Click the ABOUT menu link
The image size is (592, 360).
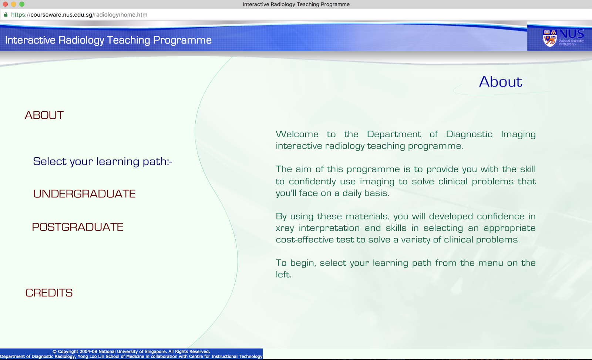pyautogui.click(x=44, y=115)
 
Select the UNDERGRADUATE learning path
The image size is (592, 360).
pyautogui.click(x=84, y=194)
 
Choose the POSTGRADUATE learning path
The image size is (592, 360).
pyautogui.click(x=78, y=227)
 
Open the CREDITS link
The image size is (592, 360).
pyautogui.click(x=49, y=293)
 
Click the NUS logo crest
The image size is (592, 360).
pyautogui.click(x=550, y=38)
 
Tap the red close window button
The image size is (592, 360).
pyautogui.click(x=5, y=4)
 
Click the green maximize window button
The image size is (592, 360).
pyautogui.click(x=22, y=4)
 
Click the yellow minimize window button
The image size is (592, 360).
pyautogui.click(x=14, y=4)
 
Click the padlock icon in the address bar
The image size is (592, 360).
pyautogui.click(x=6, y=15)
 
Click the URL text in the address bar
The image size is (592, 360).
pyautogui.click(x=79, y=15)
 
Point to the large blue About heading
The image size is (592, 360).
pyautogui.click(x=500, y=82)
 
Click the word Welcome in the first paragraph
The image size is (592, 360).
pyautogui.click(x=297, y=134)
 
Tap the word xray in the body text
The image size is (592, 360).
pyautogui.click(x=285, y=228)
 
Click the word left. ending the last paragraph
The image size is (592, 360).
pyautogui.click(x=283, y=275)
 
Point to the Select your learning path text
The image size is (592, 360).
pyautogui.click(x=102, y=161)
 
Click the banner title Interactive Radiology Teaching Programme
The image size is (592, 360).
pyautogui.click(x=108, y=40)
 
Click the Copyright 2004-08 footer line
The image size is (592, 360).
pyautogui.click(x=131, y=351)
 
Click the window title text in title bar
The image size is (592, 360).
pyautogui.click(x=296, y=4)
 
